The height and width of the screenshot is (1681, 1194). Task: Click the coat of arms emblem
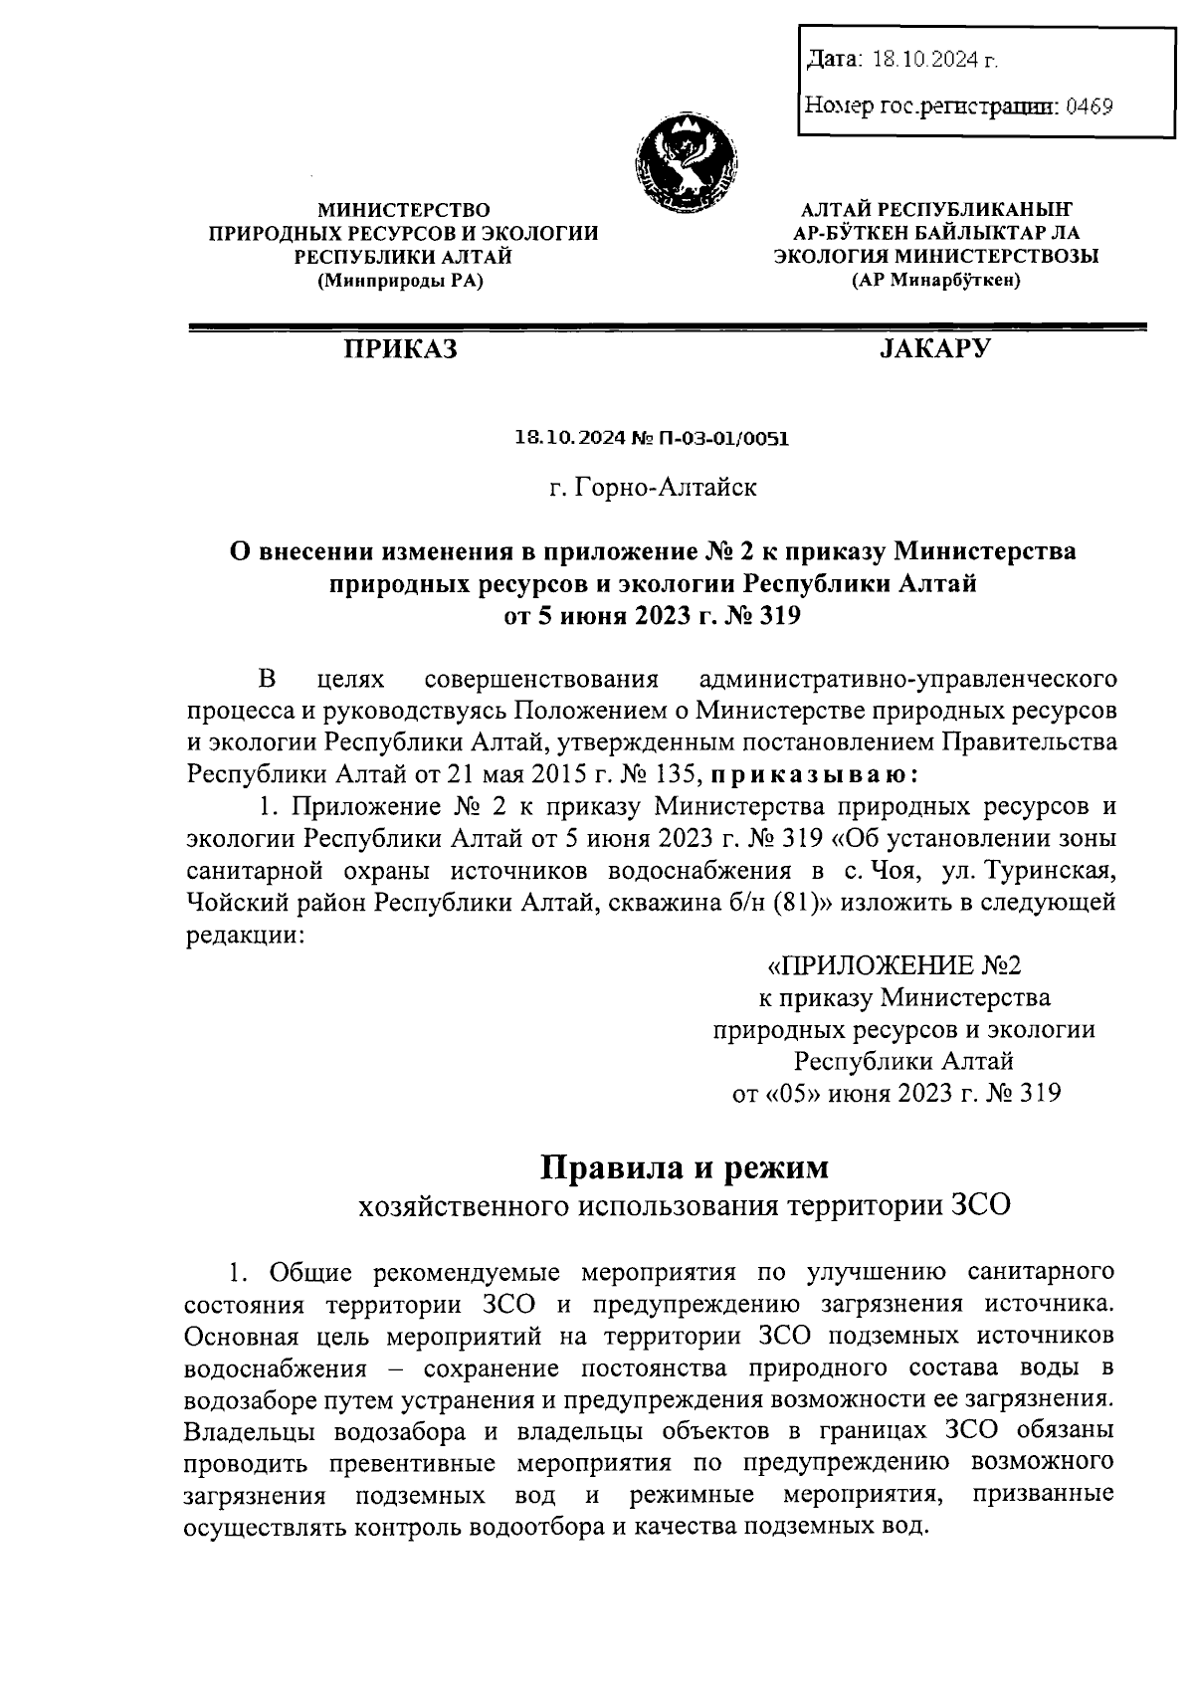tap(686, 164)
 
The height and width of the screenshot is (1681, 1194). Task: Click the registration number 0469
tap(1089, 105)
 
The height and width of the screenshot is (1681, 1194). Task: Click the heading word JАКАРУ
tap(935, 348)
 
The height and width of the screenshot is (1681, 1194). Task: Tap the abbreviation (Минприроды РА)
tap(402, 281)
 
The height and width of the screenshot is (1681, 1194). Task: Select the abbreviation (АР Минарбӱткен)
tap(936, 281)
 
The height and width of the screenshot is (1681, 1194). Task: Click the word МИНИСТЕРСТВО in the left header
tap(403, 209)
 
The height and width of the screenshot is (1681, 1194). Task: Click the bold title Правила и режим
tap(685, 1165)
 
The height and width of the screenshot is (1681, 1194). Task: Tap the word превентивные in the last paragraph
tap(408, 1463)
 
